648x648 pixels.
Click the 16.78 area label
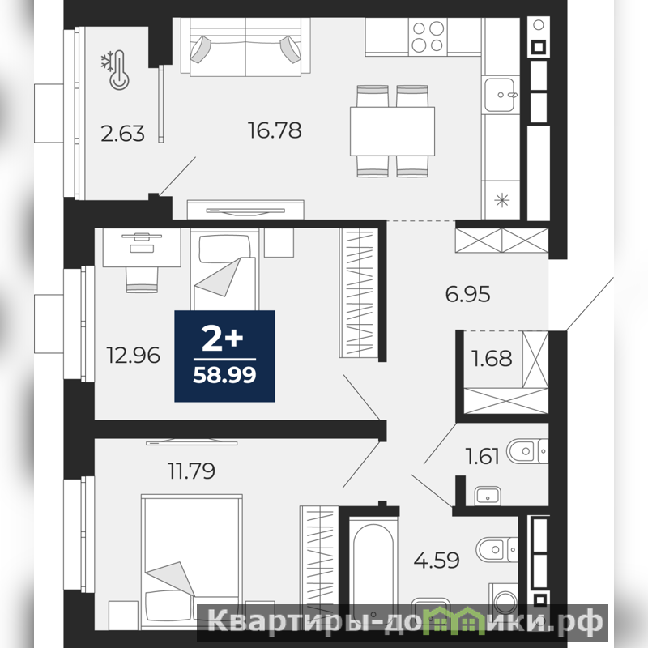[275, 130]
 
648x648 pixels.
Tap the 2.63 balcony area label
[123, 134]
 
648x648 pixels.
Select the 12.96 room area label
[133, 356]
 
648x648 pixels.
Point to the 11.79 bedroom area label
[191, 471]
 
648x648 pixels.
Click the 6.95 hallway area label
[468, 294]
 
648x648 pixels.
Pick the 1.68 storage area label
[492, 358]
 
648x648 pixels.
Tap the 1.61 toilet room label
[482, 456]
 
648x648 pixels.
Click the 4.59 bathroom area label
[437, 561]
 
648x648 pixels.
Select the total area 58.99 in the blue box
[225, 375]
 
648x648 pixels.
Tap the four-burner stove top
[428, 36]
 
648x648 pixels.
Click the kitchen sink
[500, 95]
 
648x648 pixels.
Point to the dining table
[392, 131]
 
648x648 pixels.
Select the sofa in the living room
[245, 47]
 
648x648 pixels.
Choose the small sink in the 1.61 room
[488, 495]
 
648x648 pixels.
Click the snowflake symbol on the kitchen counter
[501, 201]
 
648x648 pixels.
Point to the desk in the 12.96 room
[142, 247]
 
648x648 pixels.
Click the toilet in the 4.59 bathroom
[497, 549]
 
